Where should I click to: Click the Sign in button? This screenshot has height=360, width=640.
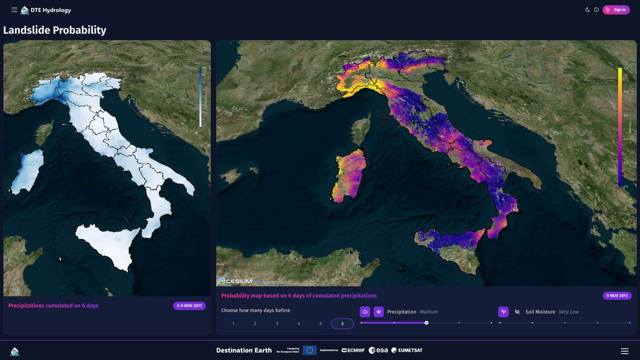point(616,10)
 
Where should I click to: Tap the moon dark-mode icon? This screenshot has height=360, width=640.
point(588,10)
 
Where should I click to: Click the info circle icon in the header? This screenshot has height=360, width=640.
point(596,10)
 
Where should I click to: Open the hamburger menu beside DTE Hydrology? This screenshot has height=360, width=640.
point(14,10)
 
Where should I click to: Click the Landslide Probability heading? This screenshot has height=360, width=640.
point(55,30)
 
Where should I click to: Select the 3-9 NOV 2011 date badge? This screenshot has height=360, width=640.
point(189,306)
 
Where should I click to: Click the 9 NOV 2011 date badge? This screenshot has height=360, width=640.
point(617,296)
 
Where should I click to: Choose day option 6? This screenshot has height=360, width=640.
point(342,324)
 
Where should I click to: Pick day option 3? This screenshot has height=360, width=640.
point(277,324)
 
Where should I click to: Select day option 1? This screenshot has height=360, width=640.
point(234,324)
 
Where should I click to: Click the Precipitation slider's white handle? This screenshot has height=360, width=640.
point(426,323)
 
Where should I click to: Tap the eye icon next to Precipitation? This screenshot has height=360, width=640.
point(378,312)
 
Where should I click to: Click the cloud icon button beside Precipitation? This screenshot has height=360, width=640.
point(365,312)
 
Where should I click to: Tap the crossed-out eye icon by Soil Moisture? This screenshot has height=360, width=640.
point(517,312)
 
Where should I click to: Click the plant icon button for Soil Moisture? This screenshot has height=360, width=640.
point(503,312)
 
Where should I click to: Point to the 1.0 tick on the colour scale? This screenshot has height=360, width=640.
point(625,68)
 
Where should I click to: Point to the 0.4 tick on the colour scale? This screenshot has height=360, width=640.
point(625,139)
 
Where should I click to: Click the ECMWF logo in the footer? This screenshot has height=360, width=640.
point(353,350)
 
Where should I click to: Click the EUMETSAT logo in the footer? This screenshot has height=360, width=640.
point(407,350)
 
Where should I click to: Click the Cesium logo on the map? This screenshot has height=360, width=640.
point(236,281)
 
